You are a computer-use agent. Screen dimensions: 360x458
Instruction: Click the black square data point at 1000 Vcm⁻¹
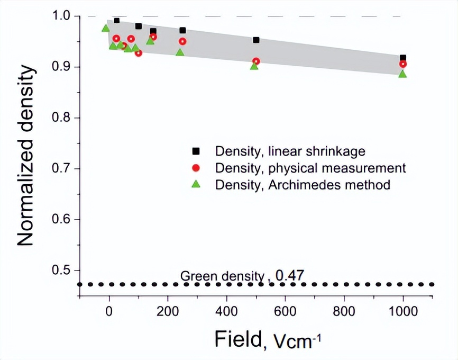tap(403, 58)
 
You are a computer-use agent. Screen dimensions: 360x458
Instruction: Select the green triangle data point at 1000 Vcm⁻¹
tap(402, 74)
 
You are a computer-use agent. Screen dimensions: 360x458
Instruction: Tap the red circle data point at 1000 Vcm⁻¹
tap(403, 64)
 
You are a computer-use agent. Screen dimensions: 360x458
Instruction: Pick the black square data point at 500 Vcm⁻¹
tap(256, 40)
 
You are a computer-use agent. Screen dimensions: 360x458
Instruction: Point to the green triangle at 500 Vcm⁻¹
tap(254, 66)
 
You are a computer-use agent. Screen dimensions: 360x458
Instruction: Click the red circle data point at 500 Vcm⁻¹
tap(256, 61)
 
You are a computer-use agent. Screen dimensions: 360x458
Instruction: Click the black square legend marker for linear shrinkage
tap(196, 151)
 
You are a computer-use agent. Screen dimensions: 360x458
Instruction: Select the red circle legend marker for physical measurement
tap(196, 168)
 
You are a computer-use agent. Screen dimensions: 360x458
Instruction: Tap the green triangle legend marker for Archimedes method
tap(196, 185)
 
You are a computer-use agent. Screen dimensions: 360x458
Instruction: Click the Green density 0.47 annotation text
tap(243, 275)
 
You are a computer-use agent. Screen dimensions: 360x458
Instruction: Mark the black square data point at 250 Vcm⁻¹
tap(182, 30)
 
